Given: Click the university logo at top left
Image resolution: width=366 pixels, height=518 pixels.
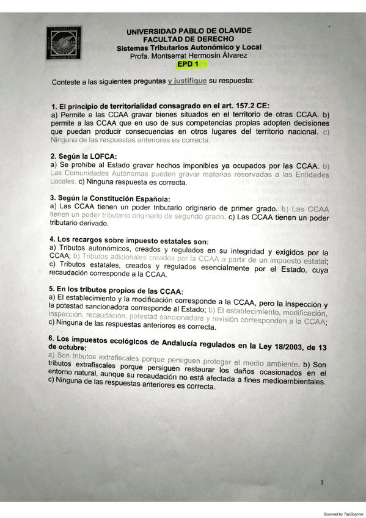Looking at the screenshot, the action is (63, 42).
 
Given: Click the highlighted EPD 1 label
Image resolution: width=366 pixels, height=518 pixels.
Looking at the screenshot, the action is (188, 64).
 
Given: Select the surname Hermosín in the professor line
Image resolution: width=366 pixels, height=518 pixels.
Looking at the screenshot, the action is (196, 56).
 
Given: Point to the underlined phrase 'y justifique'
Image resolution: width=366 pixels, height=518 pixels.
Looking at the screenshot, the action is (186, 80).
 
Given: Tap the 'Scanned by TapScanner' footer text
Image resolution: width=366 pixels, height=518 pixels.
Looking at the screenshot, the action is (342, 514).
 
